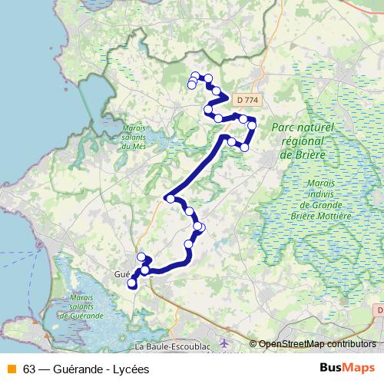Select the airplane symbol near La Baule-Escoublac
point(223,343)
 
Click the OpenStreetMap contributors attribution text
point(316,345)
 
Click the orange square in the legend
point(11,369)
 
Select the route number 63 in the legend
point(30,369)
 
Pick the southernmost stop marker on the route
point(132,284)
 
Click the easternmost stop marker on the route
point(252,125)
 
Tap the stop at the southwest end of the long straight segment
point(170,199)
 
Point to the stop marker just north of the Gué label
point(141,257)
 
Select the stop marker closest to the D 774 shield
point(243,119)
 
